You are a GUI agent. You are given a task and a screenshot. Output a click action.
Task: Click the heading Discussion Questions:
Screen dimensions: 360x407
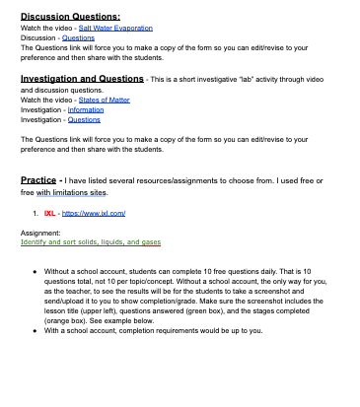[71, 17]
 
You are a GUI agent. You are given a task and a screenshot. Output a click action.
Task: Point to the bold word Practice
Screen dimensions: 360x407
[45, 179]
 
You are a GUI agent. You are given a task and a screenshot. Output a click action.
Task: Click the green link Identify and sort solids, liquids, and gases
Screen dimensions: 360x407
[90, 241]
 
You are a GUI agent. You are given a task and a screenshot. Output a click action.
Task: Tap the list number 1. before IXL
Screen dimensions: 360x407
[36, 212]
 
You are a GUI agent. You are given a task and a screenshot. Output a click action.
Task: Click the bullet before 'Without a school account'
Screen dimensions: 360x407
[36, 269]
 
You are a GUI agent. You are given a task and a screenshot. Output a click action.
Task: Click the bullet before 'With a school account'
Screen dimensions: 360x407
[36, 330]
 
